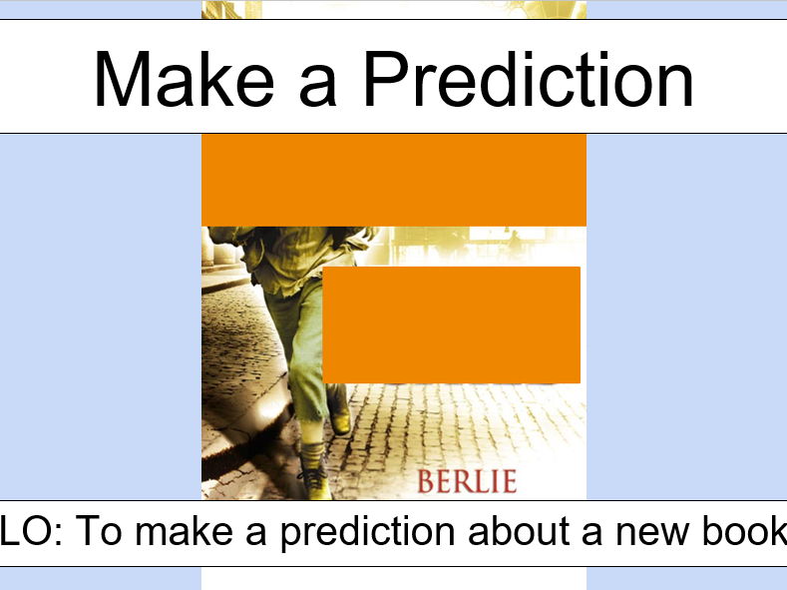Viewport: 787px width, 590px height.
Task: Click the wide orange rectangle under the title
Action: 393,180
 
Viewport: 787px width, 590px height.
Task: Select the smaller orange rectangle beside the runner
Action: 451,324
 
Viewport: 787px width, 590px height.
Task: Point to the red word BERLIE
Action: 467,481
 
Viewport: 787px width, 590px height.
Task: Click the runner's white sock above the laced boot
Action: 311,454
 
